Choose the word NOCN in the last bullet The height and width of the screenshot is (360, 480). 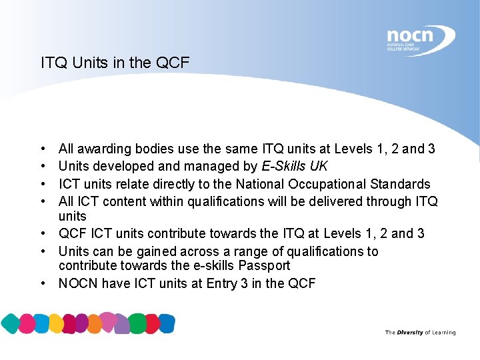click(77, 283)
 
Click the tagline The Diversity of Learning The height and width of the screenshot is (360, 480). click(420, 333)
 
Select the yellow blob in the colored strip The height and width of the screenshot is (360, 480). click(57, 323)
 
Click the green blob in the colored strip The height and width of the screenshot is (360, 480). click(138, 323)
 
